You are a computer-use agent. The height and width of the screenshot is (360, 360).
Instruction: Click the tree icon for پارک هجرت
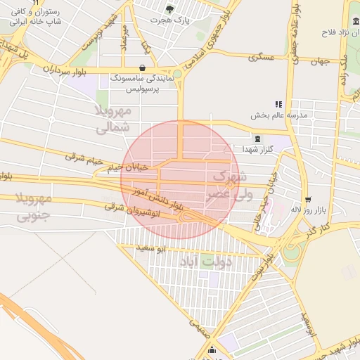pyautogui.click(x=169, y=8)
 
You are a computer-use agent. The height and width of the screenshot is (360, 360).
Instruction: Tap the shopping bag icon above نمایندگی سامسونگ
pyautogui.click(x=143, y=69)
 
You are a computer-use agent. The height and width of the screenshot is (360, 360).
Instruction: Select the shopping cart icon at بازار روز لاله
pyautogui.click(x=308, y=200)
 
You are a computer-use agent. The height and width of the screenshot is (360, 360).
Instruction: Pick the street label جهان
pyautogui.click(x=320, y=61)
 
